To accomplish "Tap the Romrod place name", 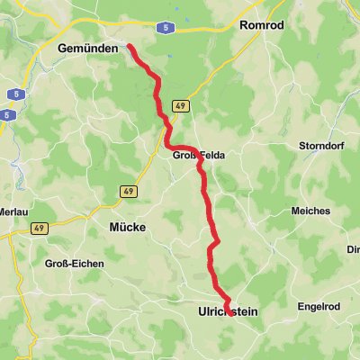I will coord(262,25).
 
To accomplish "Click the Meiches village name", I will coord(310,211).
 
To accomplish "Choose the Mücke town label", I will coord(127,228).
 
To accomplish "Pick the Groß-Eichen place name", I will coord(74,264).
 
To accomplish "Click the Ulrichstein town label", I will coord(228,311).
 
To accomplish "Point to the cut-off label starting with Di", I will coord(354,250).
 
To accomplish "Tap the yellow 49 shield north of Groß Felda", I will coord(180,105).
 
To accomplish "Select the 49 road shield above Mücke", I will coord(129,191).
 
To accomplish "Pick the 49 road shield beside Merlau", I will coord(39,229).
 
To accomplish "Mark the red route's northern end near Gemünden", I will coord(129,44).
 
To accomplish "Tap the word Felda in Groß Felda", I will coord(210,156).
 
